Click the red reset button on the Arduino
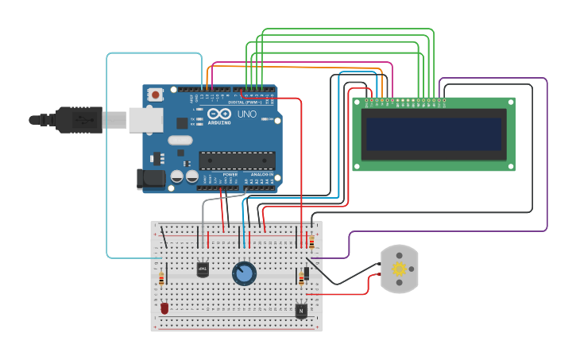click(156, 95)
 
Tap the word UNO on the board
click(247, 114)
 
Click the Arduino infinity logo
click(215, 114)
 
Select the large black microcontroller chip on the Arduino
click(237, 161)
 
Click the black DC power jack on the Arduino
click(151, 179)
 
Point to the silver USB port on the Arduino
click(146, 120)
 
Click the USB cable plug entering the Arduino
click(79, 120)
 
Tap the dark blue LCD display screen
click(433, 134)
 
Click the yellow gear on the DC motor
click(399, 269)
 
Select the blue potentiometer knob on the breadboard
click(244, 274)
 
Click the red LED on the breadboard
click(164, 308)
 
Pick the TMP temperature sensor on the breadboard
click(203, 269)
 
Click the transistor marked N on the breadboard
click(301, 311)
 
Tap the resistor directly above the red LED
click(162, 279)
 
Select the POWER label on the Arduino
click(230, 173)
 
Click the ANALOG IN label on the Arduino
click(262, 173)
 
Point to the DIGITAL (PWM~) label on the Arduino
click(245, 102)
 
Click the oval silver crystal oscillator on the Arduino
click(180, 141)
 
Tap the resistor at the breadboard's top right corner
click(311, 242)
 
